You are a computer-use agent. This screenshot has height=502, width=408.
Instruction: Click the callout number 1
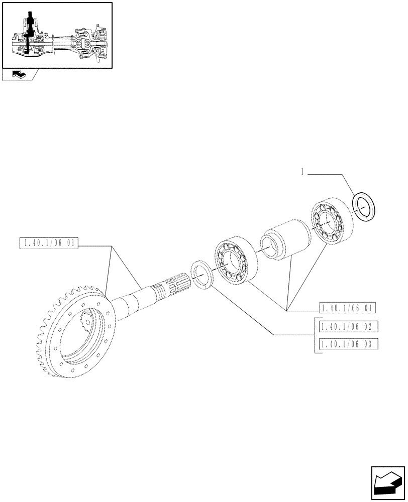point(302,172)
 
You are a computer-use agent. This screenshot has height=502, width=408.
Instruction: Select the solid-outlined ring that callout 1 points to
point(365,205)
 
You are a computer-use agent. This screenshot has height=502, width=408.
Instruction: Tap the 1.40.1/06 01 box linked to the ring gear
point(49,244)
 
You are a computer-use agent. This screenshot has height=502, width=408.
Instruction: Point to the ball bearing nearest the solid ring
point(332,222)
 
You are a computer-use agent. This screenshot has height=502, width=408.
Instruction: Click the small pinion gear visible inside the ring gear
point(88,321)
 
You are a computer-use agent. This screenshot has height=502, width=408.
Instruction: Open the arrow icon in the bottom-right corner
point(387,482)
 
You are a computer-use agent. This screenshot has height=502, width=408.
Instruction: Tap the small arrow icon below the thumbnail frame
point(20,75)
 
